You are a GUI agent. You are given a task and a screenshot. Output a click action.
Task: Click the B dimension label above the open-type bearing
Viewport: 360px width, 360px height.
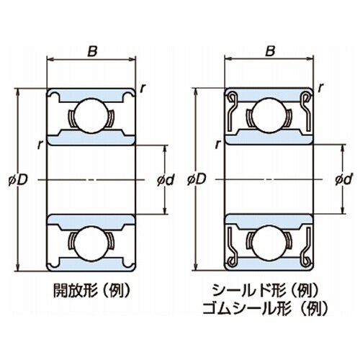[92, 51]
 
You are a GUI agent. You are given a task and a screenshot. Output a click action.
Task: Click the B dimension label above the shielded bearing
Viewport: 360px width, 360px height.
[270, 51]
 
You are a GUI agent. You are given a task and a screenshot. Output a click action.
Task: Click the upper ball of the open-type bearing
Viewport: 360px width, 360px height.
[91, 114]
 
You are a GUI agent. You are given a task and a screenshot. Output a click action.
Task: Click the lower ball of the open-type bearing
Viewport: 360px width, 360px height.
[91, 241]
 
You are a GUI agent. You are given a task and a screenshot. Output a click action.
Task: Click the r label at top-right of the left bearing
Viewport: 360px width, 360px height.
[143, 88]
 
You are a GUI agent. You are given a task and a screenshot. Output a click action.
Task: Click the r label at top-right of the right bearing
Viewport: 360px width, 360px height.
[321, 88]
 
